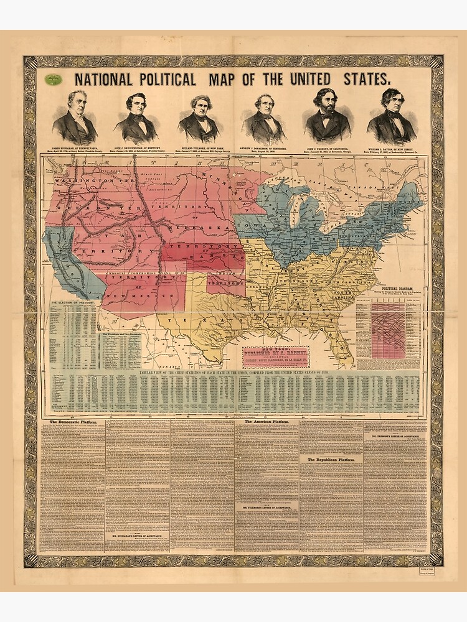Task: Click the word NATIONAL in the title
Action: tap(103, 79)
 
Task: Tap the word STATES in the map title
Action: tap(367, 79)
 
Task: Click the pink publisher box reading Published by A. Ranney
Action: tap(275, 357)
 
